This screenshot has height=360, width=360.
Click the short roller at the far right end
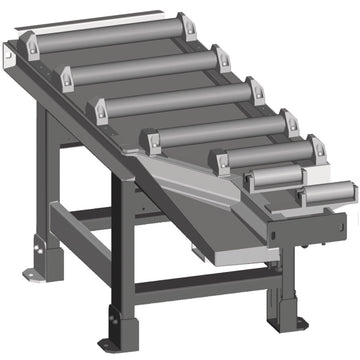(326, 193)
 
